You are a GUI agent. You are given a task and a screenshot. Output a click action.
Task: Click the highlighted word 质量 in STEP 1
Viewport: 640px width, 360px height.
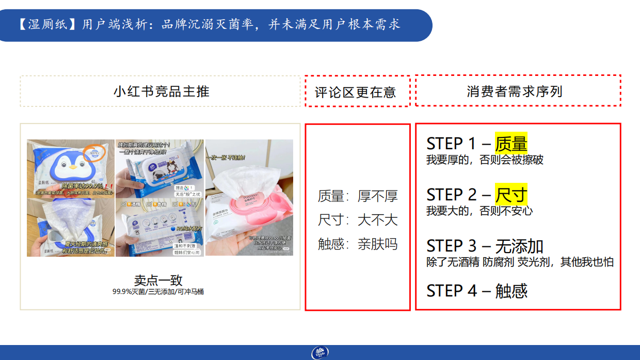pyautogui.click(x=511, y=143)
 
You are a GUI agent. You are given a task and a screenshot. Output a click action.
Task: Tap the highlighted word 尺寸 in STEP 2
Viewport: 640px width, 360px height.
pyautogui.click(x=511, y=194)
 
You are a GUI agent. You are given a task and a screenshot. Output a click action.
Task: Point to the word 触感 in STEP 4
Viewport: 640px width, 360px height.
pyautogui.click(x=511, y=291)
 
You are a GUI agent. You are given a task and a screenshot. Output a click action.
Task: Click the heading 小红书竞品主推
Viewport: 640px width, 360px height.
pyautogui.click(x=161, y=91)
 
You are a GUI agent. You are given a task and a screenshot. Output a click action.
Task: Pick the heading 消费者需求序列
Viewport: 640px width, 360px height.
pyautogui.click(x=514, y=91)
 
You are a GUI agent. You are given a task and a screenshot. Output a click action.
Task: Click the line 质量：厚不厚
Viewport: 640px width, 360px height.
pyautogui.click(x=358, y=196)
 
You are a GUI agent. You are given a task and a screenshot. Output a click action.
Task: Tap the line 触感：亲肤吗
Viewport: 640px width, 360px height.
pyautogui.click(x=358, y=244)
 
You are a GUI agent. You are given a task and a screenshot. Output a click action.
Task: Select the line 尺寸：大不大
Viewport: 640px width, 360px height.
pyautogui.click(x=358, y=220)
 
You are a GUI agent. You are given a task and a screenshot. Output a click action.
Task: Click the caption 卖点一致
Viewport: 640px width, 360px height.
pyautogui.click(x=158, y=280)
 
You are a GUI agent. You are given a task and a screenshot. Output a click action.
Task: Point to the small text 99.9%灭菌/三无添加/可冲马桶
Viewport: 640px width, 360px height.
pyautogui.click(x=158, y=292)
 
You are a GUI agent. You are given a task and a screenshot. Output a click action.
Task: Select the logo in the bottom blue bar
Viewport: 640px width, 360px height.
pyautogui.click(x=319, y=353)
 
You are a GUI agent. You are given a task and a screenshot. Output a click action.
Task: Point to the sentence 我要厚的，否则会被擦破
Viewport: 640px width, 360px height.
pyautogui.click(x=485, y=160)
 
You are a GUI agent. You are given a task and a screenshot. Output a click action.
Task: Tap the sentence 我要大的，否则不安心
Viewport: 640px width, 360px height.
pyautogui.click(x=479, y=211)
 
